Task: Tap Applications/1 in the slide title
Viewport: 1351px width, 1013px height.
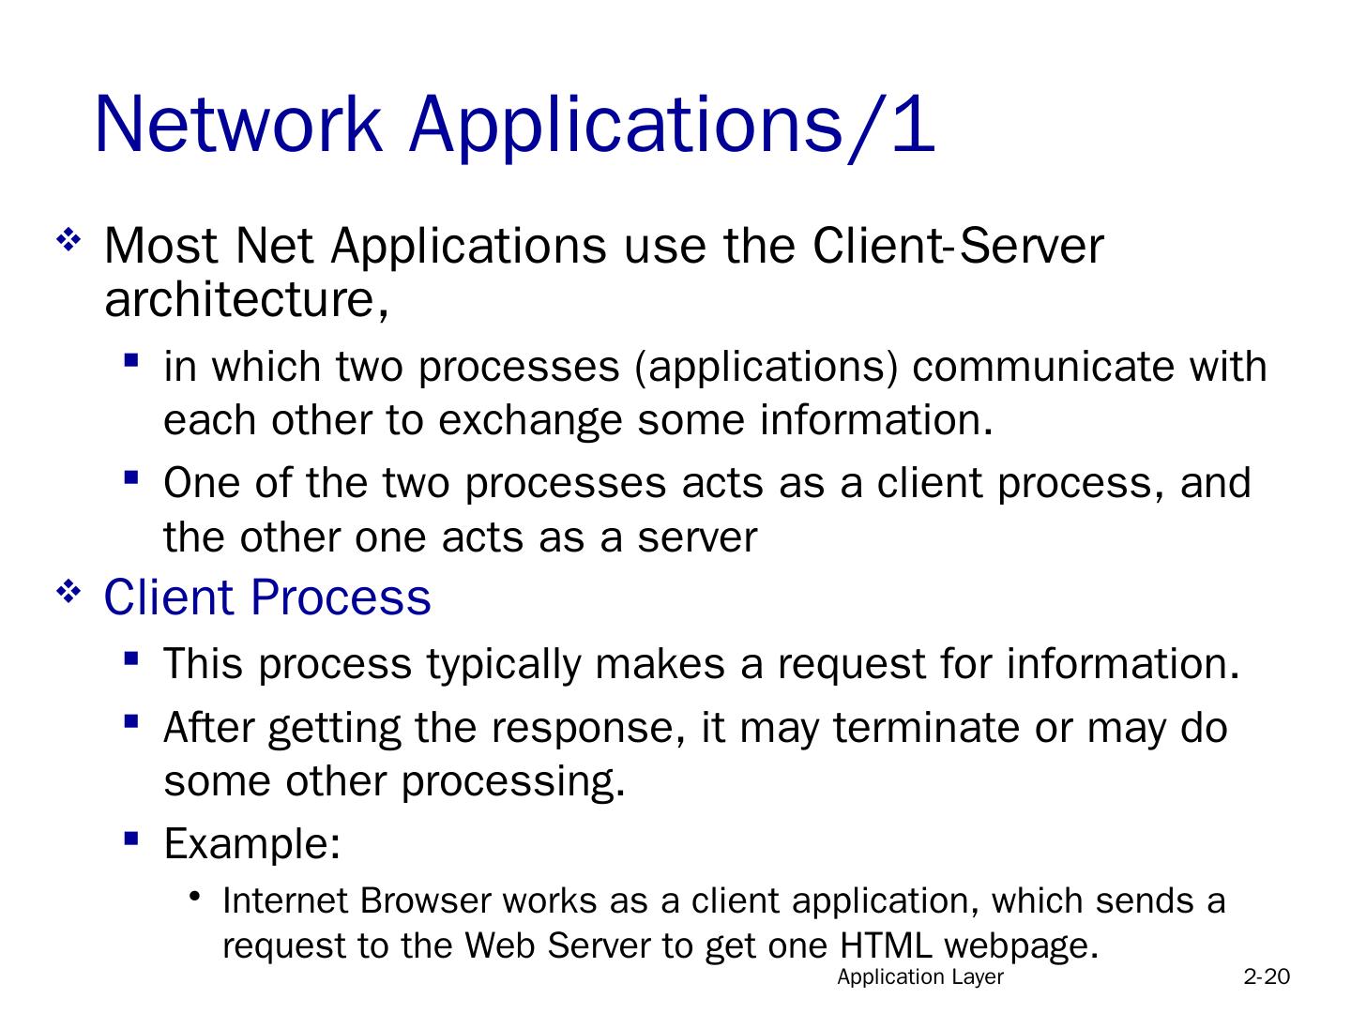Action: (672, 125)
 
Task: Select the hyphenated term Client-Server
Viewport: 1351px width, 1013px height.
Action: (958, 246)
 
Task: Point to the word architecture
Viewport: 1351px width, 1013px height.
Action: (240, 300)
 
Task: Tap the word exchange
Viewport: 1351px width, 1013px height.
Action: (530, 420)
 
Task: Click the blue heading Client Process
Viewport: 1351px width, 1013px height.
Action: (267, 597)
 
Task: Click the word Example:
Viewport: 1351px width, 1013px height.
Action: (251, 844)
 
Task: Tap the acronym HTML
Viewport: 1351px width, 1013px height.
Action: (886, 945)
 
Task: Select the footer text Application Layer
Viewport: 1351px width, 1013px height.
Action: (920, 977)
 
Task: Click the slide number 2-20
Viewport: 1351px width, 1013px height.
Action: (1267, 977)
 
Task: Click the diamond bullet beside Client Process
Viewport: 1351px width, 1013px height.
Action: (68, 592)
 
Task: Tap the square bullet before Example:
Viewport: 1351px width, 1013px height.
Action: (131, 838)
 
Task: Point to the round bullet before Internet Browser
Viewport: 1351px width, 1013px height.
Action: (195, 896)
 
